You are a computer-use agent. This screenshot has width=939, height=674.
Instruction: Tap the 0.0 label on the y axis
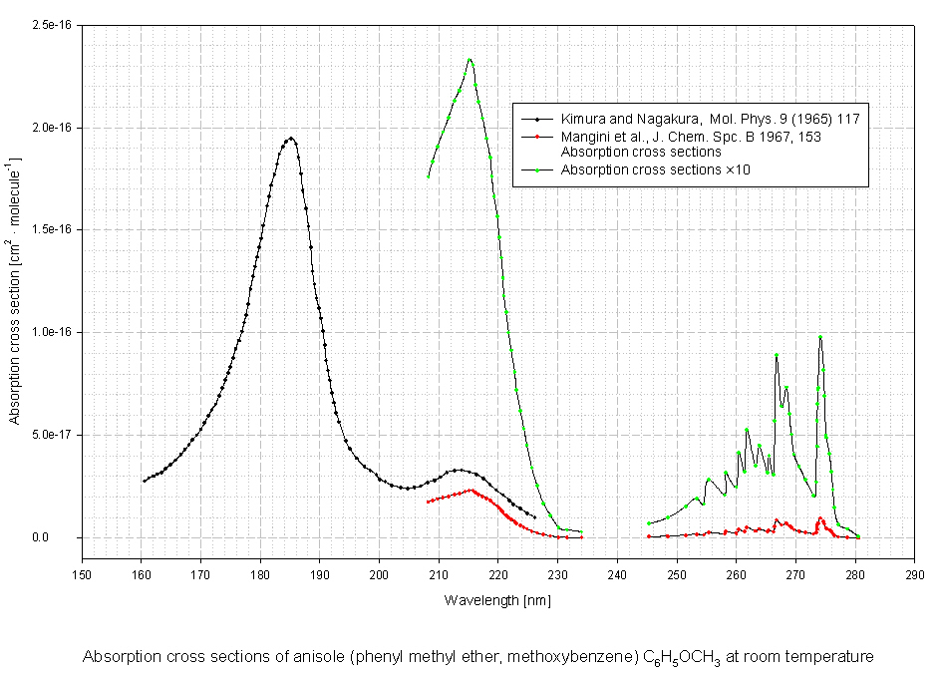point(66,537)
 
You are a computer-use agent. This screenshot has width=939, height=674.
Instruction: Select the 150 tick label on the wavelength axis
point(82,574)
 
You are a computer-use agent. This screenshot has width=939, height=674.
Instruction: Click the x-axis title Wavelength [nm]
point(497,600)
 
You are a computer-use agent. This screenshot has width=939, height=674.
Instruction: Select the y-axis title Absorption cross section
point(15,290)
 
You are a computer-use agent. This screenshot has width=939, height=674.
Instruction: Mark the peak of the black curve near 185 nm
point(291,139)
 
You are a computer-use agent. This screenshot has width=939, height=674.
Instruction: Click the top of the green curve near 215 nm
point(469,59)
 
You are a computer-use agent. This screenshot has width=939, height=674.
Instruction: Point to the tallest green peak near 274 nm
point(820,337)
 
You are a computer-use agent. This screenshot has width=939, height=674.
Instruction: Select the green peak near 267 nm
point(776,354)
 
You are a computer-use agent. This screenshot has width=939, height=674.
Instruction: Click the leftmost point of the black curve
point(144,481)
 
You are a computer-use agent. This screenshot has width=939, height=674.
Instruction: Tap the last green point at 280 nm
point(858,536)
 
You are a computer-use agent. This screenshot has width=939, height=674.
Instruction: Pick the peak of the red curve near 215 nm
point(470,490)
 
